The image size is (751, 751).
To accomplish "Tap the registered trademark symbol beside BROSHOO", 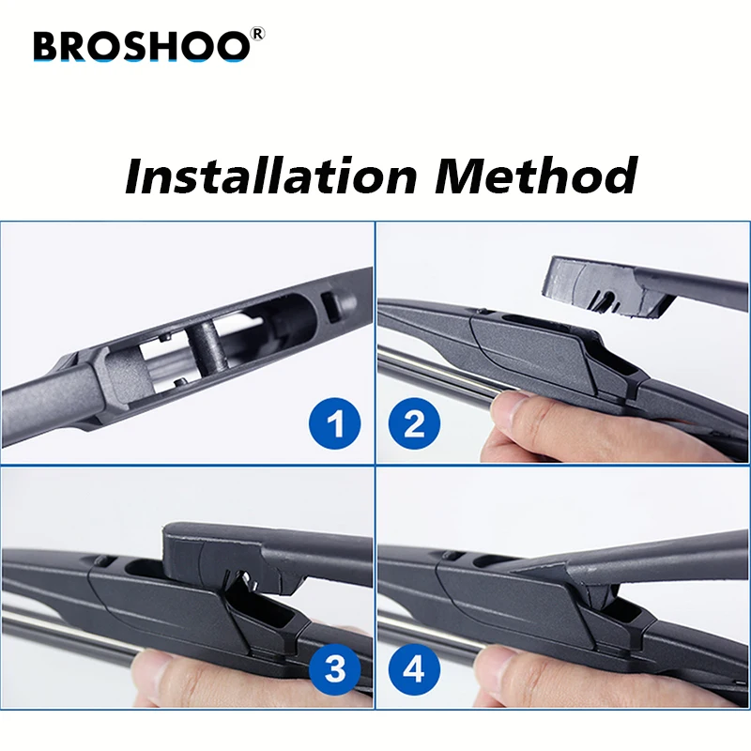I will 258,34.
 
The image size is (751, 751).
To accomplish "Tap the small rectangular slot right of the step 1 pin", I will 328,304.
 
